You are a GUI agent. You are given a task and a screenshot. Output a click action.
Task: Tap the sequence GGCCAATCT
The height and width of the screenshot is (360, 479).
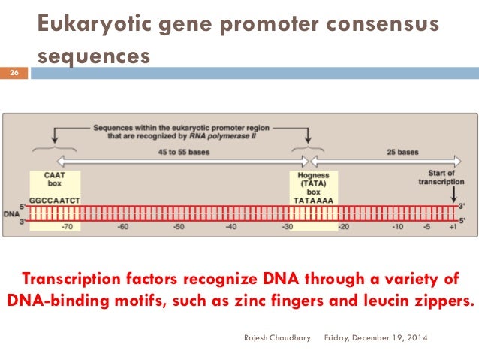coord(56,201)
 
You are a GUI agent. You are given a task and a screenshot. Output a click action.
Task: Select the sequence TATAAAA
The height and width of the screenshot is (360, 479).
coord(314,201)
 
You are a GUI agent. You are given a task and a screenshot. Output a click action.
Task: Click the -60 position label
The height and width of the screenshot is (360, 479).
coord(124,226)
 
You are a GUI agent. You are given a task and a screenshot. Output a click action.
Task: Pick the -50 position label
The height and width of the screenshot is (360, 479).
coord(178,226)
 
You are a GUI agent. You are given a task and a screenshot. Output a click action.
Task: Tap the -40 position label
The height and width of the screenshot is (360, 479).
coord(231,226)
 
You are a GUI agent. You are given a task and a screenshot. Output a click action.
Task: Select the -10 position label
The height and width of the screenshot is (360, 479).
coord(398,226)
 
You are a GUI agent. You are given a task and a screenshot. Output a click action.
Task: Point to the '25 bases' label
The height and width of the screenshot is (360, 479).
coord(403,152)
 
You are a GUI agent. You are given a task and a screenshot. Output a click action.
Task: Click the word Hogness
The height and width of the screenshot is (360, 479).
coord(314,174)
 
